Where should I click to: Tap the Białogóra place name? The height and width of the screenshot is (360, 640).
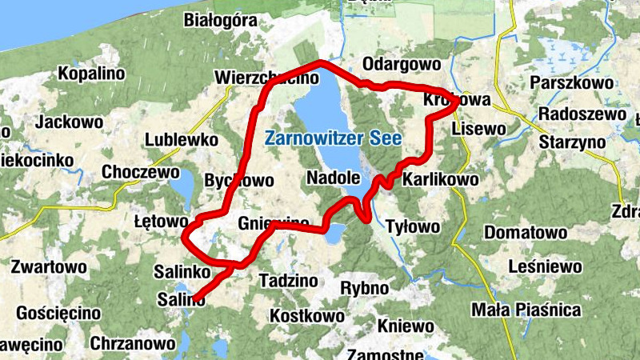[x=218, y=20]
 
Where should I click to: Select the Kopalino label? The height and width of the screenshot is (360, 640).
[x=92, y=74]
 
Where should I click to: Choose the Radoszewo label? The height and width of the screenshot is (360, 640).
[x=582, y=114]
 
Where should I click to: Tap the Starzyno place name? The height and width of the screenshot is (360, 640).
[x=570, y=141]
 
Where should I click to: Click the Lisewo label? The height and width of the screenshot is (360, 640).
[x=478, y=129]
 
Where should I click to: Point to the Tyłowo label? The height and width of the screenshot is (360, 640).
[x=413, y=227]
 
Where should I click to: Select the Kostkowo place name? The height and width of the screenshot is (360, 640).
[x=307, y=316]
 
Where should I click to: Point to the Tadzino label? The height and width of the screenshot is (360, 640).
[x=288, y=281]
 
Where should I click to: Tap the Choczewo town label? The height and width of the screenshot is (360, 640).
[x=140, y=172]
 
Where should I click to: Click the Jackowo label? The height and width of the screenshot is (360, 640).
[x=69, y=122]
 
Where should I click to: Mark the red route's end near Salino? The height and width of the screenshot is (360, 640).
[x=194, y=299]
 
